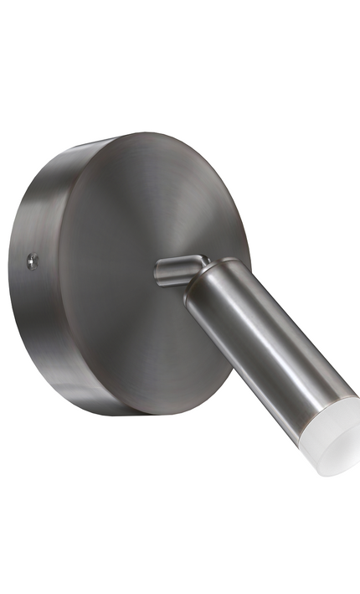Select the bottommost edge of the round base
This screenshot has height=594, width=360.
tap(126, 414)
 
